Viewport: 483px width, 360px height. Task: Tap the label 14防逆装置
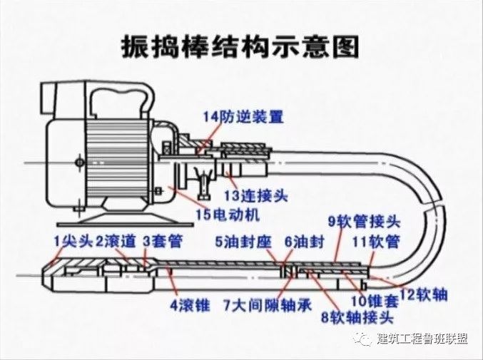coord(243,116)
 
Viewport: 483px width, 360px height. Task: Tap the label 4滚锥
coord(189,306)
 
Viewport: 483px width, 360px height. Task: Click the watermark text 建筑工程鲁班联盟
coord(422,339)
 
